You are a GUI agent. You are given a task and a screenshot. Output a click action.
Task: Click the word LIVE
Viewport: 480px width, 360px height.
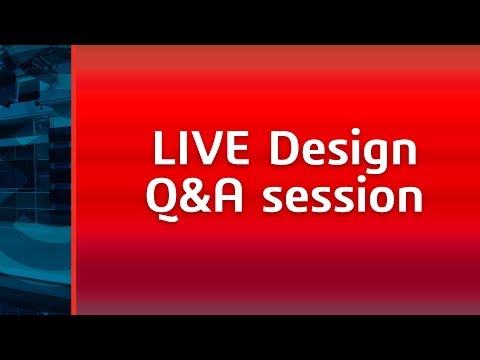pos(194,151)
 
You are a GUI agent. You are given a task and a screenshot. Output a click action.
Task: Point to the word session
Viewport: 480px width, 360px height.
pos(337,198)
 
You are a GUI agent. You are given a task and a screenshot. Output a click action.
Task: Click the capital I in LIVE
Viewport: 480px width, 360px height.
pos(179,151)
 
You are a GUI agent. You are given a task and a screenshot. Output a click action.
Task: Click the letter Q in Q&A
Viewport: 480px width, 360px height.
pos(164,197)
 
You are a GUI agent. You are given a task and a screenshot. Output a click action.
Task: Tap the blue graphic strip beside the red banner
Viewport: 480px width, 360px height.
pos(35,180)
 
